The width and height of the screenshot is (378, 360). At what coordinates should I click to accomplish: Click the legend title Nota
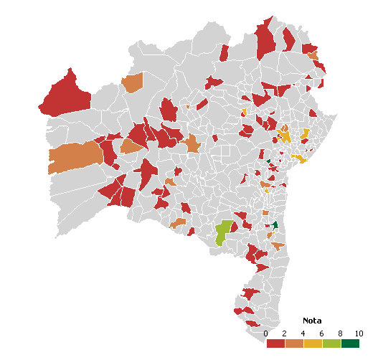point(312,320)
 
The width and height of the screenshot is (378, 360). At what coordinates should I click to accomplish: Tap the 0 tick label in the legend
point(266,333)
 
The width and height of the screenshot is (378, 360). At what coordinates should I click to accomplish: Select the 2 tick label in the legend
point(285,333)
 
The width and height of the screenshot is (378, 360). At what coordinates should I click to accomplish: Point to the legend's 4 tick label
point(303,333)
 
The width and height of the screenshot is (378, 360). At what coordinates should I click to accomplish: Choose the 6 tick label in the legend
point(322,333)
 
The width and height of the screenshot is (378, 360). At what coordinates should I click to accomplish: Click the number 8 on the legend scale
point(341,333)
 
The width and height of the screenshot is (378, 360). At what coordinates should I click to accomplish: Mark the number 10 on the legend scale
point(359,333)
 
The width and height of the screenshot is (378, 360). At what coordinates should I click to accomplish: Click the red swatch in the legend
point(275,344)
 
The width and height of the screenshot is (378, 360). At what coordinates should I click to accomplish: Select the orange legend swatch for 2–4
point(294,344)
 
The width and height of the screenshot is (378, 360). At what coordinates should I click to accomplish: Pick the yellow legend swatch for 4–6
point(313,344)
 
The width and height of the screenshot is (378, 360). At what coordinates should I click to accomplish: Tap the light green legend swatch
point(331,344)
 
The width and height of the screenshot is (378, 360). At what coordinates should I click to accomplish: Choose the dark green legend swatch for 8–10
point(350,344)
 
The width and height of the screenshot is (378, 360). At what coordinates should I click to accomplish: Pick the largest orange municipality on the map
point(75,158)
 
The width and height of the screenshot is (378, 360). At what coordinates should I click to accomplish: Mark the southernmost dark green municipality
point(274,225)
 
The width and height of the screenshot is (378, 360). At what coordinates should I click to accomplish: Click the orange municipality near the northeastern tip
point(312,55)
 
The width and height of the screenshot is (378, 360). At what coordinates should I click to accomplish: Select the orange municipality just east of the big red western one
point(133,82)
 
